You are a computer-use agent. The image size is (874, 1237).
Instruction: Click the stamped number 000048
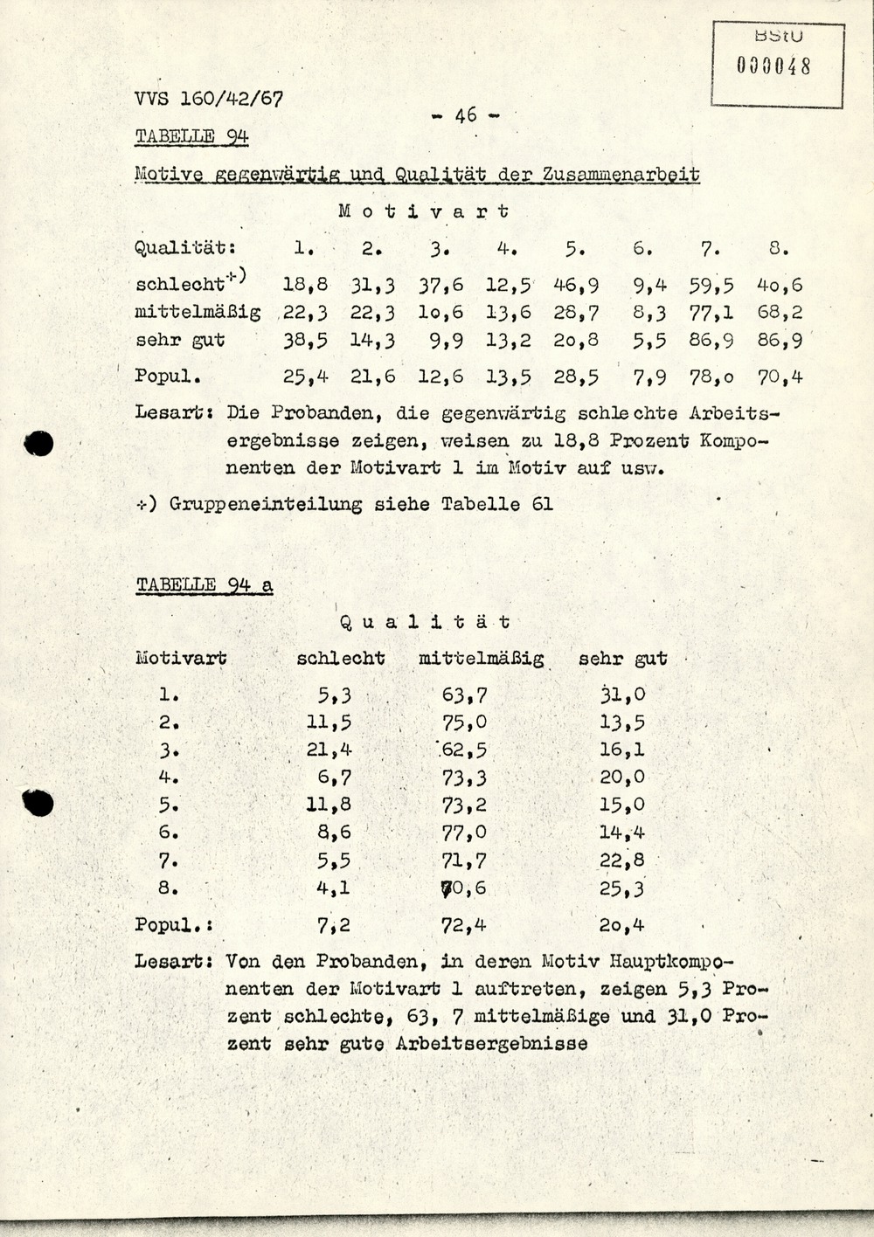774,66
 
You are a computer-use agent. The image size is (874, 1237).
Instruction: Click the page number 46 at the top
466,114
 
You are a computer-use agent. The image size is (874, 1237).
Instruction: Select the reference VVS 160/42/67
209,99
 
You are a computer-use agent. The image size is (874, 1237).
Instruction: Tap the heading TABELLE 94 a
204,585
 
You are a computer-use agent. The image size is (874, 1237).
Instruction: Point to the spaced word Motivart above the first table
423,211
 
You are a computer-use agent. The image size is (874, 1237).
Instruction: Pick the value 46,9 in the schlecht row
575,285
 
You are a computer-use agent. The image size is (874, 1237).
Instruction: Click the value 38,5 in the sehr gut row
304,340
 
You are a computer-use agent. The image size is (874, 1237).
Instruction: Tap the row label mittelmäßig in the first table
198,313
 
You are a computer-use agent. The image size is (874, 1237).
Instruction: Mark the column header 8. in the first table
779,249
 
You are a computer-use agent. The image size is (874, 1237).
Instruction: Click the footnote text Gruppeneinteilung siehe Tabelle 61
361,504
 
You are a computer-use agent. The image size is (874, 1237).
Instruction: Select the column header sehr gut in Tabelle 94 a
622,659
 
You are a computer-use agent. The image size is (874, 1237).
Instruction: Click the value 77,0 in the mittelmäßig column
465,833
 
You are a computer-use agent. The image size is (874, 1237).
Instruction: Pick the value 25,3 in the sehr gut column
622,888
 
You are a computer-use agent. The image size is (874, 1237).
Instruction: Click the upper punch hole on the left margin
38,444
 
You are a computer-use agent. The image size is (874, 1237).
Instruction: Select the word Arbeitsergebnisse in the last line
491,1044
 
